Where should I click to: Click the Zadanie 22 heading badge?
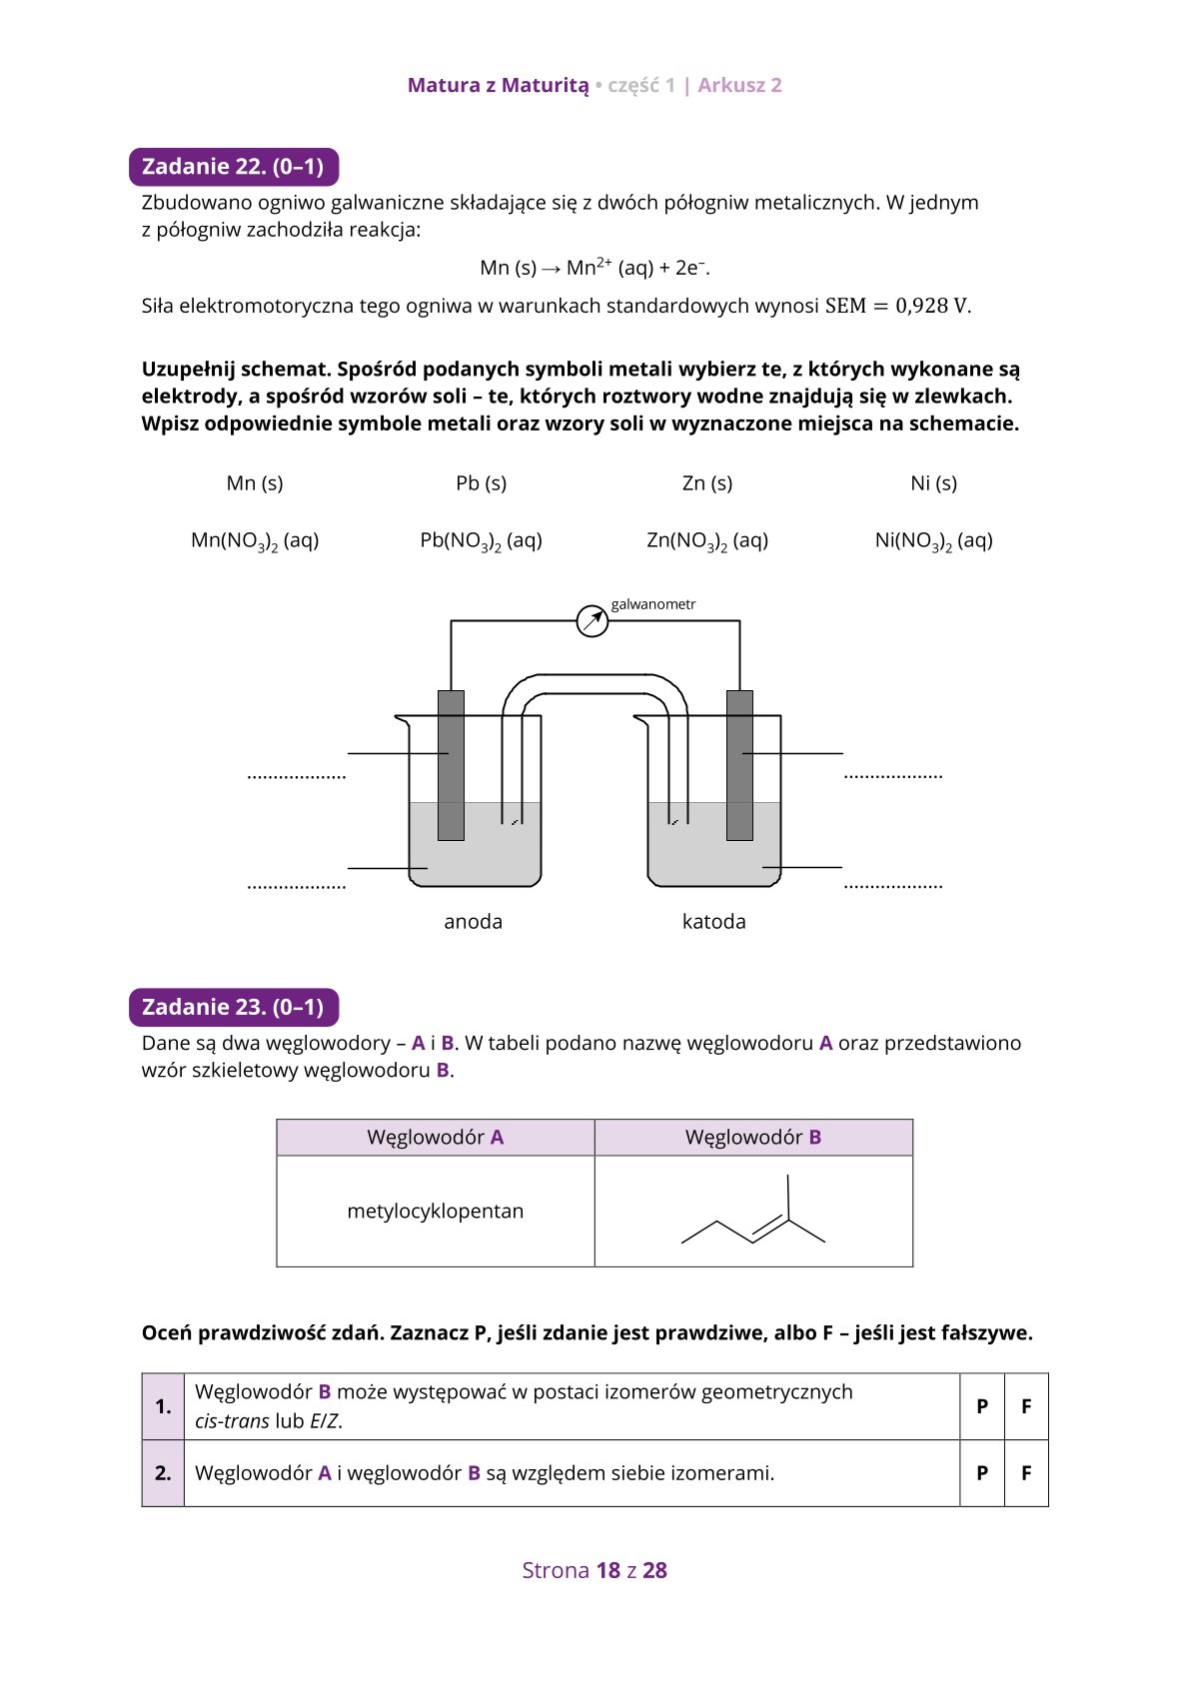pos(234,167)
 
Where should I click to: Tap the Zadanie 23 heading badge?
pos(234,1007)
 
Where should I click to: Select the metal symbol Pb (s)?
pos(481,483)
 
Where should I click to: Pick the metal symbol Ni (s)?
pos(933,483)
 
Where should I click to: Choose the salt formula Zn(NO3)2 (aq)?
pos(707,540)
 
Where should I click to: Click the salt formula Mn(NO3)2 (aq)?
pos(255,540)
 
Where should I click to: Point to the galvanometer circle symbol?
pos(593,621)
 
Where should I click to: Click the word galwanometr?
pos(653,604)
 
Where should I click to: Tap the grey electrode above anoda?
pos(452,765)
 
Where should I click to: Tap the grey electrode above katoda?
pos(739,765)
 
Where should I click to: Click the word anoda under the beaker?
pos(474,922)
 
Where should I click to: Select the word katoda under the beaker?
pos(713,922)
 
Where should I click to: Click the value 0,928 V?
pos(933,306)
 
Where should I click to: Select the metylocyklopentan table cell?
pos(436,1212)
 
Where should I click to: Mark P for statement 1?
pos(982,1406)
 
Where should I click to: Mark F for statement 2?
pos(1026,1473)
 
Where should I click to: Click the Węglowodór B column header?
pos(753,1138)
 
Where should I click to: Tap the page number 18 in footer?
pos(607,1570)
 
